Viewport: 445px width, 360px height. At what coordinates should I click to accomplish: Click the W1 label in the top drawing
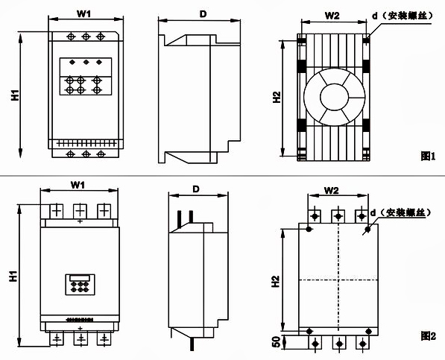pyautogui.click(x=83, y=14)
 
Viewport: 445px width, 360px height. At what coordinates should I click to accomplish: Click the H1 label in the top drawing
pyautogui.click(x=15, y=95)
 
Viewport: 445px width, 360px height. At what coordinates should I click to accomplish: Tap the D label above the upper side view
pyautogui.click(x=203, y=14)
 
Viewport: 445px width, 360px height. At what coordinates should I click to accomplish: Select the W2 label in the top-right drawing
pyautogui.click(x=332, y=16)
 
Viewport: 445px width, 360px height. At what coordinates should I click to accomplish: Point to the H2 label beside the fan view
pyautogui.click(x=277, y=97)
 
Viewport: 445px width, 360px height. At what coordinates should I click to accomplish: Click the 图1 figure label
pyautogui.click(x=428, y=156)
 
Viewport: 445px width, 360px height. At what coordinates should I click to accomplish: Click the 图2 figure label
pyautogui.click(x=428, y=336)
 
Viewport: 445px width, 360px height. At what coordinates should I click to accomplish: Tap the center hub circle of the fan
pyautogui.click(x=334, y=97)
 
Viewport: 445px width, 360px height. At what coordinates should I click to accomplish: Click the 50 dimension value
pyautogui.click(x=276, y=342)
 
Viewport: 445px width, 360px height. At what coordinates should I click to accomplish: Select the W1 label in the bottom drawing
pyautogui.click(x=78, y=185)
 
